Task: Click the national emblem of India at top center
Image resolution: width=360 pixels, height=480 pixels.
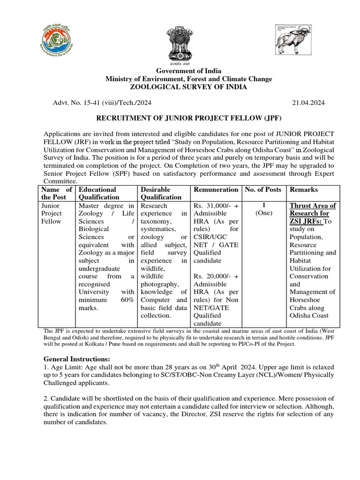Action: (180, 45)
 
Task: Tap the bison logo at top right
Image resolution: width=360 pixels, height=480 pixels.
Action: (293, 39)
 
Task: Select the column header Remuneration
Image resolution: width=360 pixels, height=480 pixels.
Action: (216, 189)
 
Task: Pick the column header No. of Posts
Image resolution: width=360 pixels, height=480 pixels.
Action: (263, 189)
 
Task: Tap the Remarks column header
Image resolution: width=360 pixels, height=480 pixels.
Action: (303, 189)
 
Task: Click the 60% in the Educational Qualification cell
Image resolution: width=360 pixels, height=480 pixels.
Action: (127, 300)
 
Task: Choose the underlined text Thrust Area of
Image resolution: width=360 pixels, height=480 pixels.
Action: (313, 205)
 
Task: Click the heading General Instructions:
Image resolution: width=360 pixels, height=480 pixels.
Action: (76, 359)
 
